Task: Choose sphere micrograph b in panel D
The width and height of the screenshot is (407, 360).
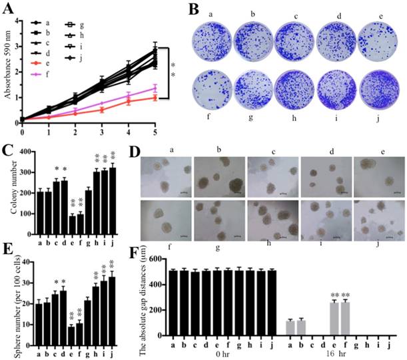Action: (218, 173)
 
